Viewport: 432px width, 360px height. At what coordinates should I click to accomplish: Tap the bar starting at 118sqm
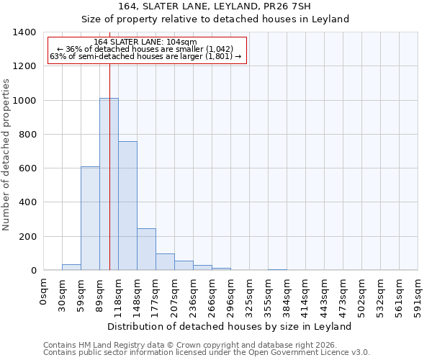(127, 206)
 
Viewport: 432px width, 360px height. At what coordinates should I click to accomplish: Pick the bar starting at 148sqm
(146, 249)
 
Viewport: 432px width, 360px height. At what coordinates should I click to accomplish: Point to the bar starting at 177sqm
(165, 262)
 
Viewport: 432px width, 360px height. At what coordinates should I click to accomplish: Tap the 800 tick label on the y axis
(27, 135)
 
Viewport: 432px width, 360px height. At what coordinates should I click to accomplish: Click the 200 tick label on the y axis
(27, 237)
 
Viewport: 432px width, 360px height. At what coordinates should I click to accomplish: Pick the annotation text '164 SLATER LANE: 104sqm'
(145, 42)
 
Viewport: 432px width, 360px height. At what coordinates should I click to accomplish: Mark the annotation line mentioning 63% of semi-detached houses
(146, 57)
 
